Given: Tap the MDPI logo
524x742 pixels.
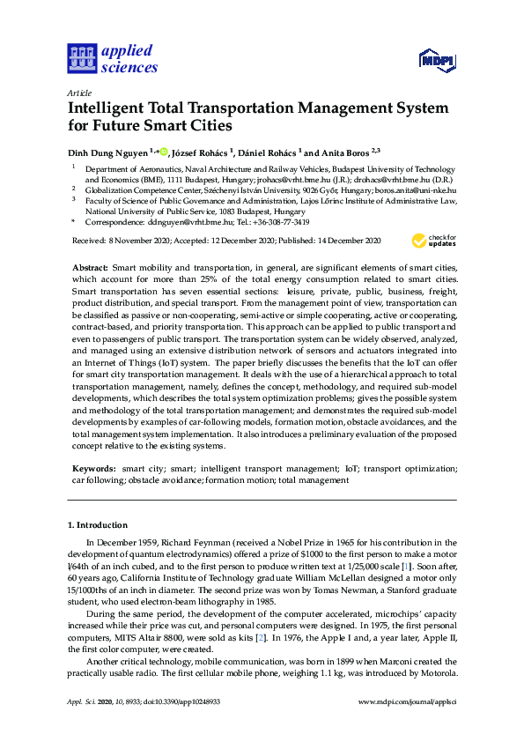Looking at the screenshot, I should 439,59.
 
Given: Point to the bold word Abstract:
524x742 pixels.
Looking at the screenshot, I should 89,267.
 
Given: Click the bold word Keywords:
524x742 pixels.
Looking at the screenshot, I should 92,469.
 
